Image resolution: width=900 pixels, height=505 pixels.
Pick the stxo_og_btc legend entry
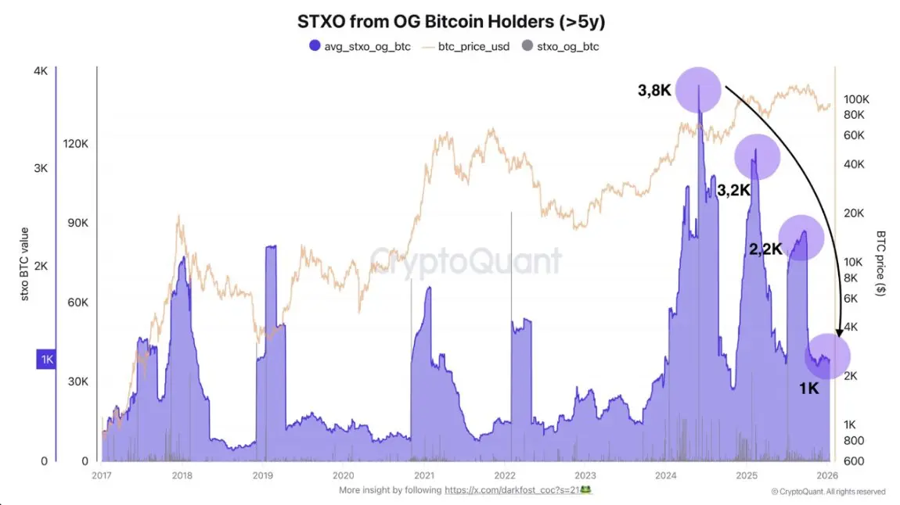click(x=560, y=47)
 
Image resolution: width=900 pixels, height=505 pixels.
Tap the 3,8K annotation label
click(x=654, y=91)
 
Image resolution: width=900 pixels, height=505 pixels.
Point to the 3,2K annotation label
click(x=734, y=189)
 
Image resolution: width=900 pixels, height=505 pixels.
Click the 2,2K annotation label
click(x=765, y=249)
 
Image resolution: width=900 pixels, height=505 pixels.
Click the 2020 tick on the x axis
click(x=343, y=475)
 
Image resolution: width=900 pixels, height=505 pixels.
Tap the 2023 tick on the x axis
click(x=585, y=475)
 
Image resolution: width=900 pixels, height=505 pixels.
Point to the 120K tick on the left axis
click(x=76, y=144)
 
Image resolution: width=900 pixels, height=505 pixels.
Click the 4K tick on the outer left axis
click(x=41, y=71)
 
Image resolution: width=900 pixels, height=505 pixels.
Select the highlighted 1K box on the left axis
click(x=46, y=360)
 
